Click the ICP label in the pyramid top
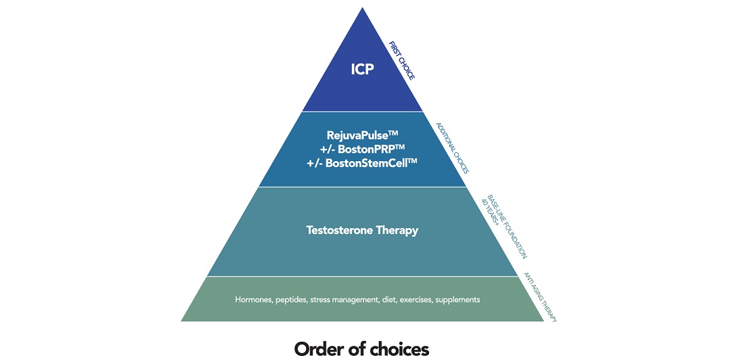pyautogui.click(x=362, y=69)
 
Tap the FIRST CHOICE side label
pyautogui.click(x=401, y=60)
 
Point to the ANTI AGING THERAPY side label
pyautogui.click(x=541, y=297)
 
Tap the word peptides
pyautogui.click(x=292, y=299)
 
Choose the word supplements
pyautogui.click(x=457, y=299)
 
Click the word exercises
pyautogui.click(x=410, y=299)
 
